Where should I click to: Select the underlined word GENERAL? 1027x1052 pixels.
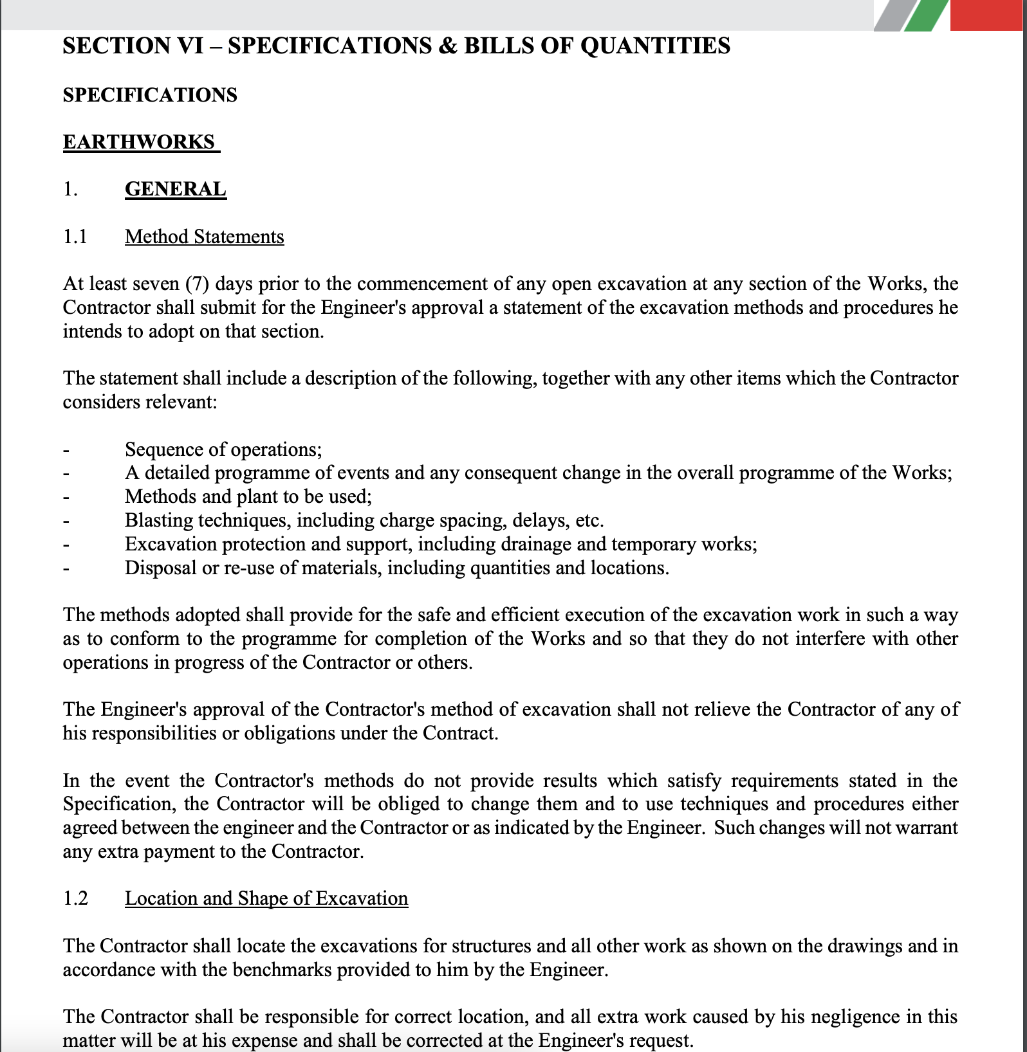pos(175,189)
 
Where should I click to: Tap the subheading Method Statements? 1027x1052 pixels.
pos(204,237)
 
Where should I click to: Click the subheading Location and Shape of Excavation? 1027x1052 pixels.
pos(266,898)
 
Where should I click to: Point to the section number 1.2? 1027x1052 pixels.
pos(75,898)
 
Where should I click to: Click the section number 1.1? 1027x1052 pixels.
pos(75,237)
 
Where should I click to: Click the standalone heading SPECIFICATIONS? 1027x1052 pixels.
pos(150,95)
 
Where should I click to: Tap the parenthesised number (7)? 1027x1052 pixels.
pos(197,284)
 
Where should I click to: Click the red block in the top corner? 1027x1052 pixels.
pos(988,15)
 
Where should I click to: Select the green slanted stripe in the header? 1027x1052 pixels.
pos(925,15)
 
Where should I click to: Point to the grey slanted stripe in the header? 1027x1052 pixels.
pos(891,15)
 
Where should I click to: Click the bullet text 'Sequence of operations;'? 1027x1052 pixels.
pos(223,449)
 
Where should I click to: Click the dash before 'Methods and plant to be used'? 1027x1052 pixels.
pos(66,497)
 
